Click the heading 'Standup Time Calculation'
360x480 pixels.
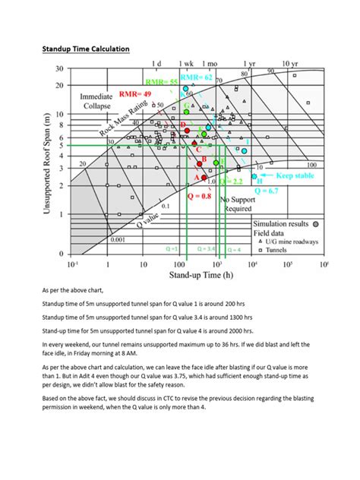(84, 49)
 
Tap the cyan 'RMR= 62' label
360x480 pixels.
(197, 77)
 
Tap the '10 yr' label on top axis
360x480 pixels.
(289, 65)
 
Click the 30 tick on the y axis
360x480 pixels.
(60, 69)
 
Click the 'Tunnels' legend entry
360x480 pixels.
(279, 248)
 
